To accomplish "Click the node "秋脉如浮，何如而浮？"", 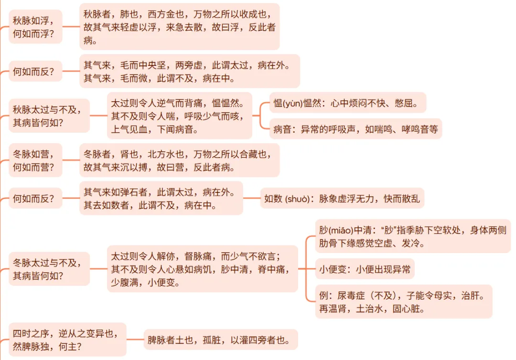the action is pos(36,27).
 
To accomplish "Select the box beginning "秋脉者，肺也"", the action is pos(179,27).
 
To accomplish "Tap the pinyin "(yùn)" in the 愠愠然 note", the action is pos(293,103).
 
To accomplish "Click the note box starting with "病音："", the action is pos(355,129).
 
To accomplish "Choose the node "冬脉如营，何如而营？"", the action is pos(36,160).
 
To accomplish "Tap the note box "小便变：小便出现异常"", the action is pos(365,269).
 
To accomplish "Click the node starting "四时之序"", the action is pos(67,339).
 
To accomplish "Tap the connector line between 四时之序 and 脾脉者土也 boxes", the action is pos(135,340).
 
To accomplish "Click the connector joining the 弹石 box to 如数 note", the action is pos(251,198).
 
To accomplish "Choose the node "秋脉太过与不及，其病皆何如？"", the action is pos(50,116).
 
